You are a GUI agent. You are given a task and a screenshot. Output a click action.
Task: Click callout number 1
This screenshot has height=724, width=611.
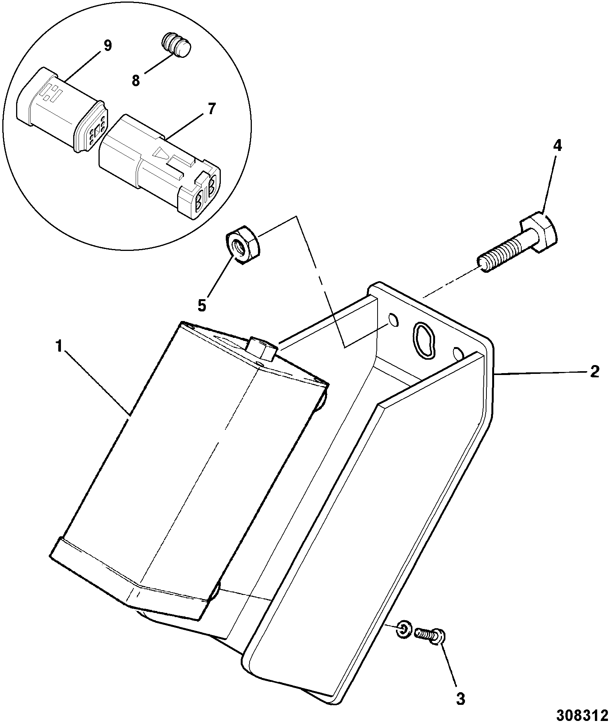59,347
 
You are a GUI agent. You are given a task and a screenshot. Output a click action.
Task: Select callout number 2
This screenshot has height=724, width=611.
594,371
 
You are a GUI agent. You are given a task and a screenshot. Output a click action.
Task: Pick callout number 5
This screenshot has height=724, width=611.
202,305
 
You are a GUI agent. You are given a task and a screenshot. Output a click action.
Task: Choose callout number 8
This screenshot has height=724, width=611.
136,81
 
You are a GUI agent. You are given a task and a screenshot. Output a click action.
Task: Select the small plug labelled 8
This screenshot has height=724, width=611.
176,44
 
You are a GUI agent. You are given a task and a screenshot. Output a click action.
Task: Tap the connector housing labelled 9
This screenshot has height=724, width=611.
61,111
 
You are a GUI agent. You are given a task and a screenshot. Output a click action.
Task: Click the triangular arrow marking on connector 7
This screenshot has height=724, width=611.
161,154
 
